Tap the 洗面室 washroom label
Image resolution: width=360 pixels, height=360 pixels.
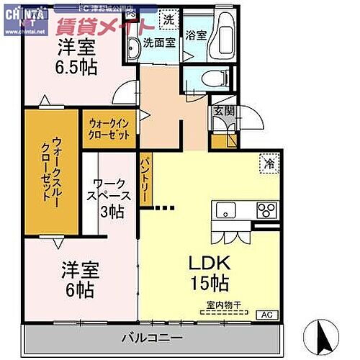coord(158,42)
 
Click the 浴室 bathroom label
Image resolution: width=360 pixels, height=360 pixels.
coord(195,34)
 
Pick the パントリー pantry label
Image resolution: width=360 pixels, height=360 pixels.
coord(144,183)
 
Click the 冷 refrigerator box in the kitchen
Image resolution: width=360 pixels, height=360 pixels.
coord(267,165)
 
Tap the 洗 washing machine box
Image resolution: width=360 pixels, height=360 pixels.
coord(168,20)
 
